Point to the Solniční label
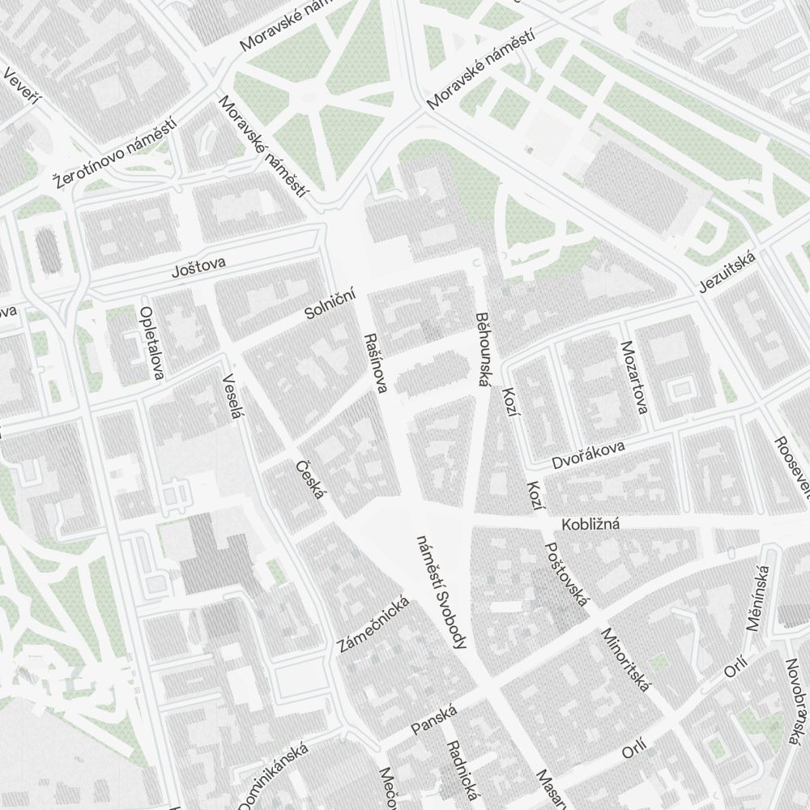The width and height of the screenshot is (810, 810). [330, 303]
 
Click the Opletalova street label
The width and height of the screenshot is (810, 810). [151, 343]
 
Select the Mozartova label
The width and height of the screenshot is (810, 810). [633, 377]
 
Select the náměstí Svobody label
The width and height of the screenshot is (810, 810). [441, 591]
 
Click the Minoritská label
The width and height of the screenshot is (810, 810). [625, 660]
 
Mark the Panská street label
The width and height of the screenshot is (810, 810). [434, 720]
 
